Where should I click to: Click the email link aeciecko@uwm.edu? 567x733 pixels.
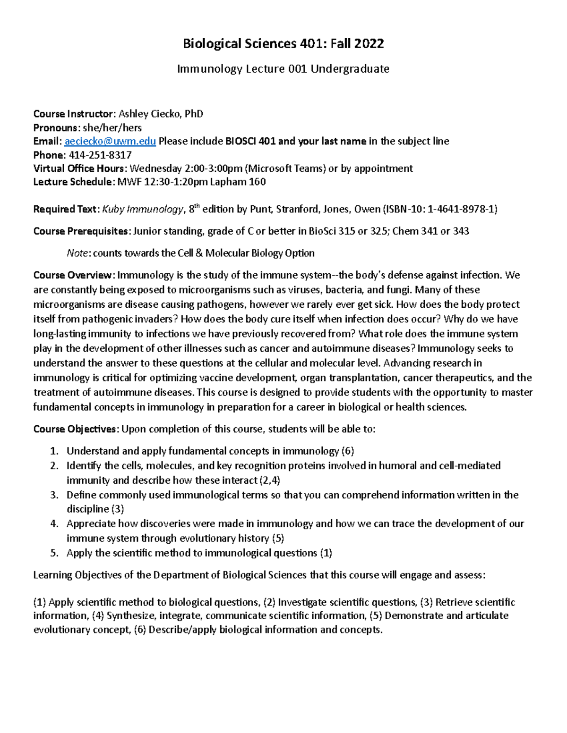point(110,141)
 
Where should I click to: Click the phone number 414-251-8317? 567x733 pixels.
point(100,155)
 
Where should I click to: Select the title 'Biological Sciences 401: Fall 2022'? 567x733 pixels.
point(283,44)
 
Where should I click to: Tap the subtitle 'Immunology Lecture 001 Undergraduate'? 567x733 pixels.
point(283,69)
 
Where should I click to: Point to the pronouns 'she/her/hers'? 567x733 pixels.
point(112,127)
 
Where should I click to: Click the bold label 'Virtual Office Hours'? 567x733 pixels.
point(79,169)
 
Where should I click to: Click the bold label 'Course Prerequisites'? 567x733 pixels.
point(81,231)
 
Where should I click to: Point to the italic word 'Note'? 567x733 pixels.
point(77,253)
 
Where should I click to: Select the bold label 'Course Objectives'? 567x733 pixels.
point(75,429)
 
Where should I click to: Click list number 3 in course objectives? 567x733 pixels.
point(54,495)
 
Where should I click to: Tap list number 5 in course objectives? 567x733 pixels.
point(54,553)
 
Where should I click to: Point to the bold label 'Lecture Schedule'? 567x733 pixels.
point(73,182)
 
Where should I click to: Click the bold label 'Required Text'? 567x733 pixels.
point(66,210)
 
